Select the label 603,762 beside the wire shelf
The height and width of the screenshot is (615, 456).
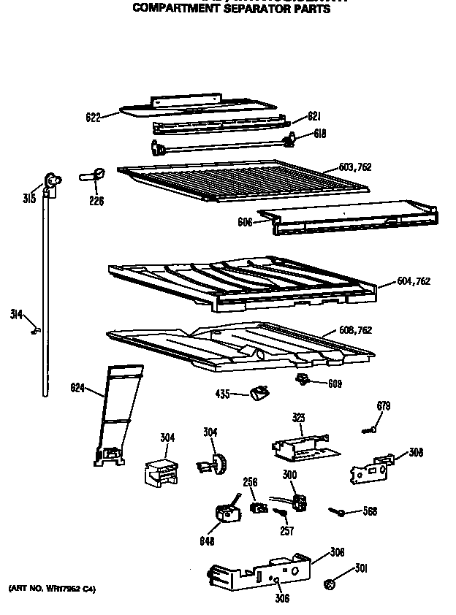pyautogui.click(x=355, y=167)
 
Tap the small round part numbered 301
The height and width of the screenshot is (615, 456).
pyautogui.click(x=330, y=583)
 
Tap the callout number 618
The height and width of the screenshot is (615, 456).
pyautogui.click(x=319, y=134)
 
